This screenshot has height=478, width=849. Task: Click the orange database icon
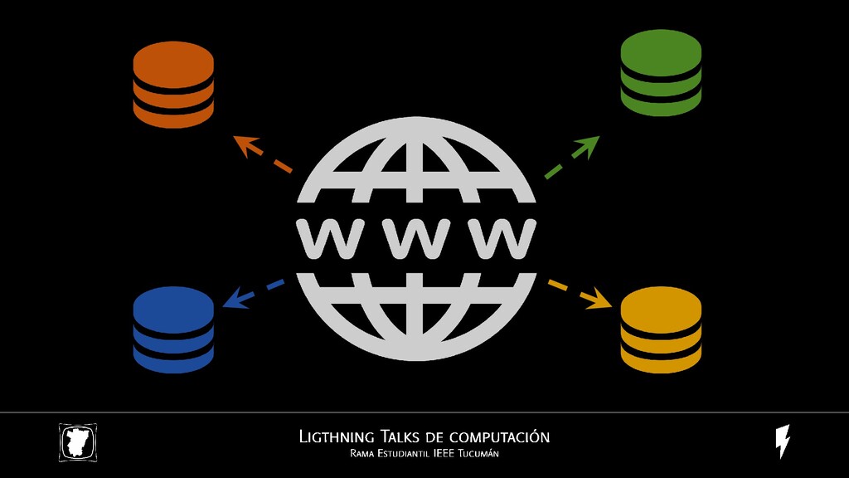pos(173,85)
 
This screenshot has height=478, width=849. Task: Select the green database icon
pos(661,73)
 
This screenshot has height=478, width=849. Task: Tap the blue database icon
pos(173,329)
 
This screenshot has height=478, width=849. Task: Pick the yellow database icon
pos(661,330)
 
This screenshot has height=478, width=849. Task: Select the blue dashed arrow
pos(252,293)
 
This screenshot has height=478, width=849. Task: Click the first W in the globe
pos(325,238)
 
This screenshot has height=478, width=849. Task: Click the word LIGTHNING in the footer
pos(337,437)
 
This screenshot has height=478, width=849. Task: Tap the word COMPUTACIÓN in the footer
pos(501,437)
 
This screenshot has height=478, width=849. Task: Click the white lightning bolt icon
pos(782,441)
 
